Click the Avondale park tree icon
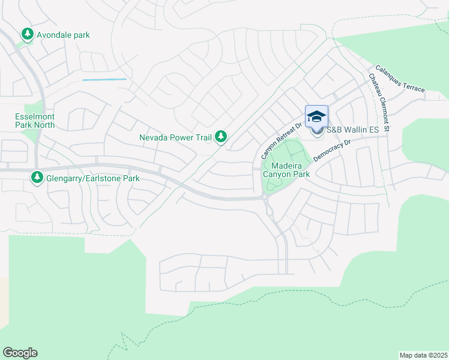(27, 35)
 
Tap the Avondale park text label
(63, 35)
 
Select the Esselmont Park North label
(35, 121)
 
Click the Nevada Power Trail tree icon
(221, 137)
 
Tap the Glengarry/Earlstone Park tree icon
(38, 178)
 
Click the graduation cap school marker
(316, 116)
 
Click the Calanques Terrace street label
(400, 79)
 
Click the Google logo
(20, 353)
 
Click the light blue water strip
(104, 79)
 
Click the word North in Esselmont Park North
(44, 125)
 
